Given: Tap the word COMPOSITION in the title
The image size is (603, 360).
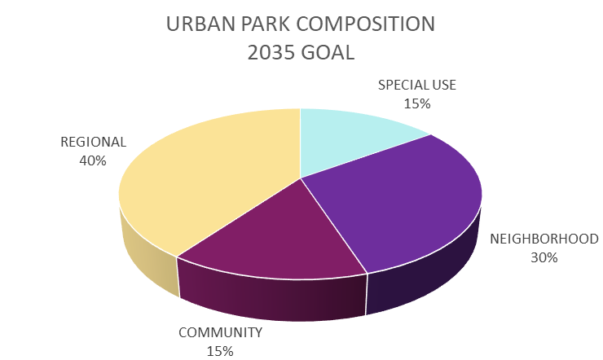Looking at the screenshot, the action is click(x=366, y=24).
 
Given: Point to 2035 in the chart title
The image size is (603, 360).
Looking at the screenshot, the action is click(x=271, y=53).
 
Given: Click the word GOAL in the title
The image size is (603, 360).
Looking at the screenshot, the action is click(x=328, y=53).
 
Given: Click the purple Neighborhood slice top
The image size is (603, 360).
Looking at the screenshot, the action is click(x=404, y=200).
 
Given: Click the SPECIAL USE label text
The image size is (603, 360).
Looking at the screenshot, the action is click(x=417, y=85).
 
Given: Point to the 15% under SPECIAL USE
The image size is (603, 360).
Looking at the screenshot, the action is click(x=417, y=103).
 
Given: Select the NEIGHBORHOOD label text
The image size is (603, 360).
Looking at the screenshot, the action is click(x=544, y=239).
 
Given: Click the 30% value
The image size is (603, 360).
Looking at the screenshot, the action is click(x=544, y=258).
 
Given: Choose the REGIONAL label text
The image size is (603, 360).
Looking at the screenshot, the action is click(x=93, y=143).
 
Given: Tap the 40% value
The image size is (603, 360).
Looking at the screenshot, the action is click(x=93, y=160).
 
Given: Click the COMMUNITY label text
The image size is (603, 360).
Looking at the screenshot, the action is click(x=220, y=332).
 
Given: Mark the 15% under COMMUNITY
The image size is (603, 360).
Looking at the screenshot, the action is click(x=220, y=351).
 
